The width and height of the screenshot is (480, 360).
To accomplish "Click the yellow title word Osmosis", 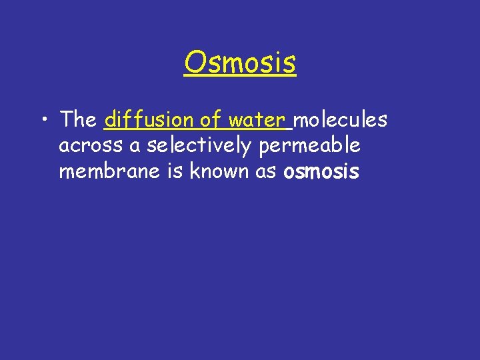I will pyautogui.click(x=240, y=63).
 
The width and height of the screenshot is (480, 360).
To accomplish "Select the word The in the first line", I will pyautogui.click(x=78, y=120).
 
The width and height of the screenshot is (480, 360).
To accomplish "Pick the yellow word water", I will pyautogui.click(x=256, y=121).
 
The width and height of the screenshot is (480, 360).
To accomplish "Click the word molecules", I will pyautogui.click(x=341, y=120).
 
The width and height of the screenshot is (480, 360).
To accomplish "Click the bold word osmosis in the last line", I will pyautogui.click(x=321, y=172).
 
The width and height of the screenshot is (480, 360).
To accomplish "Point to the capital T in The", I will pyautogui.click(x=67, y=120).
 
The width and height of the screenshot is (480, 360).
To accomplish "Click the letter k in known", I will pyautogui.click(x=194, y=171).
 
